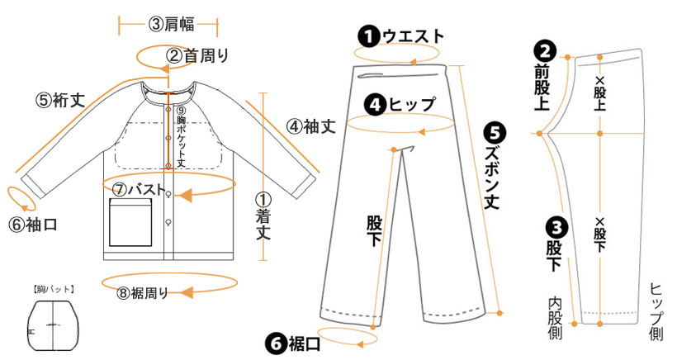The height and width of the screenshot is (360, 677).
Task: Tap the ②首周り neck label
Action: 196,55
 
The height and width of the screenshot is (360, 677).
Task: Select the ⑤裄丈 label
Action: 60,100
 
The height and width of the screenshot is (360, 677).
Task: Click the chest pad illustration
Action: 54,327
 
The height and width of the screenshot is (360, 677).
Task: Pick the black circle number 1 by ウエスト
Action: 367,36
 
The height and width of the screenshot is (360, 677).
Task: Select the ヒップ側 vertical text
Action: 657,311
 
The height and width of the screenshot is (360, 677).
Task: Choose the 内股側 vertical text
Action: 556,319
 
